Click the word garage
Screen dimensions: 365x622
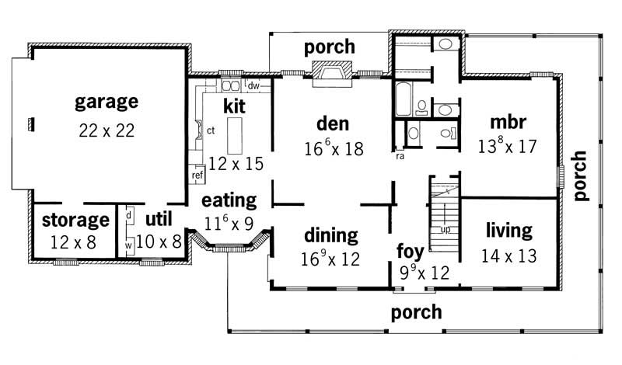[107, 102]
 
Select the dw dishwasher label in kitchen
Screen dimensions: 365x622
[253, 84]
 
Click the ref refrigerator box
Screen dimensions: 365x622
[197, 176]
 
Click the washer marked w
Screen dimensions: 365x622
[128, 245]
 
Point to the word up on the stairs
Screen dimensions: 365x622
[446, 231]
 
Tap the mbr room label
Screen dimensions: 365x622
[509, 123]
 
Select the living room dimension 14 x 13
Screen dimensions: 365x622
[509, 255]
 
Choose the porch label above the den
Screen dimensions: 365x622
[329, 47]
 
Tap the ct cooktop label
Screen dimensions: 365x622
[210, 130]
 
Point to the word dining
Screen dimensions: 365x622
[331, 235]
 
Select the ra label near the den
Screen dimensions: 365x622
[399, 155]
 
